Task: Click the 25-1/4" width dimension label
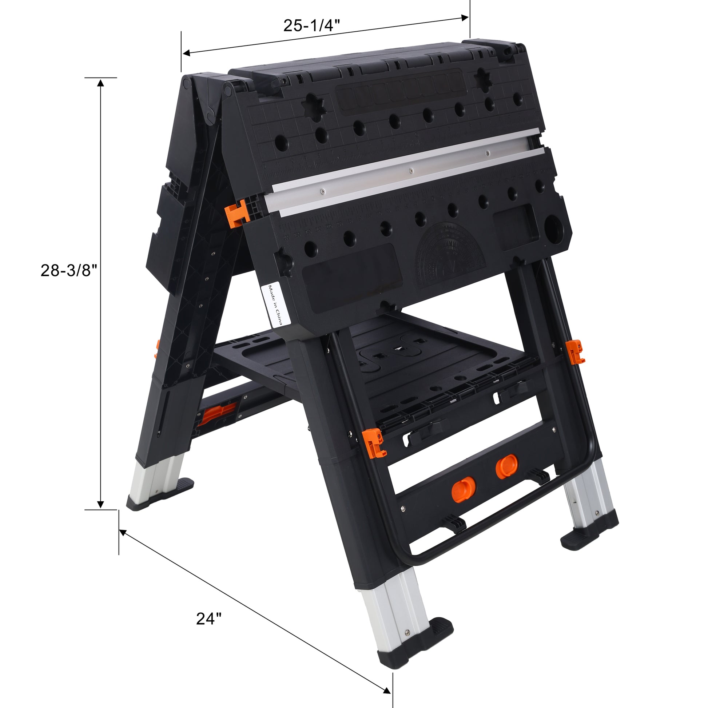point(312,25)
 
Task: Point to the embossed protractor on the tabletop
point(450,256)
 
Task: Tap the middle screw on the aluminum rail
point(411,170)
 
